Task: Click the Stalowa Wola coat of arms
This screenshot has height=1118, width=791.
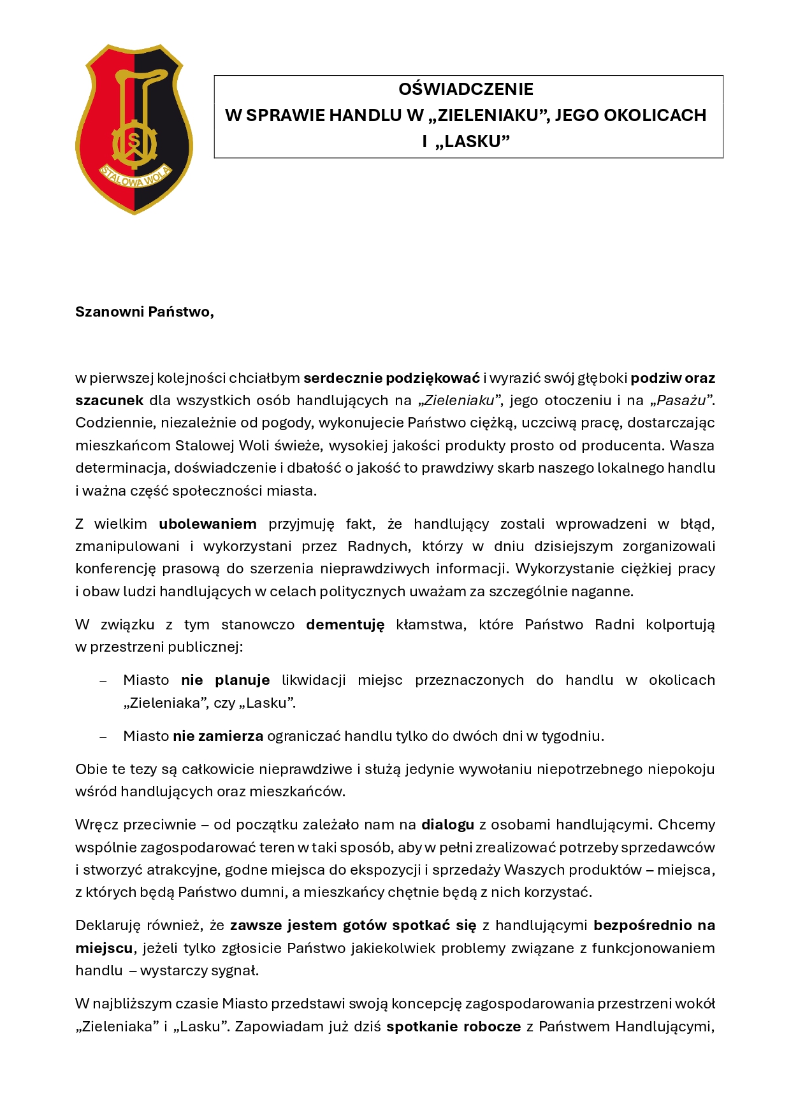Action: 134,129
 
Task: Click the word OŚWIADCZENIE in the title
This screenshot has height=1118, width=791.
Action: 466,89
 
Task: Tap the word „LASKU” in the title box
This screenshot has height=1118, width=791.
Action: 472,141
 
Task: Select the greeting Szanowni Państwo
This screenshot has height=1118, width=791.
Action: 144,312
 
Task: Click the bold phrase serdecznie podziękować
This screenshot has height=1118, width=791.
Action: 391,378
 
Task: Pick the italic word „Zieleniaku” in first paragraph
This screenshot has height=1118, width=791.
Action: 458,401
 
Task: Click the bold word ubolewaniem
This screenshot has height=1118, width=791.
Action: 208,524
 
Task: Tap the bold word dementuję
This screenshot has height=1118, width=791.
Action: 345,625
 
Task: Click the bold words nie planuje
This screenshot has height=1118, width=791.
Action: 225,680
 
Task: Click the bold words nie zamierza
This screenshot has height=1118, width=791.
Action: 218,736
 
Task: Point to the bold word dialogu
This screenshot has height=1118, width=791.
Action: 447,825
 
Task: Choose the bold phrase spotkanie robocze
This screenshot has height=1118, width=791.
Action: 454,1027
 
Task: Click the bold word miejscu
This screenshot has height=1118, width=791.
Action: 104,949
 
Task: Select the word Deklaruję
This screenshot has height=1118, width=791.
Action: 107,926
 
